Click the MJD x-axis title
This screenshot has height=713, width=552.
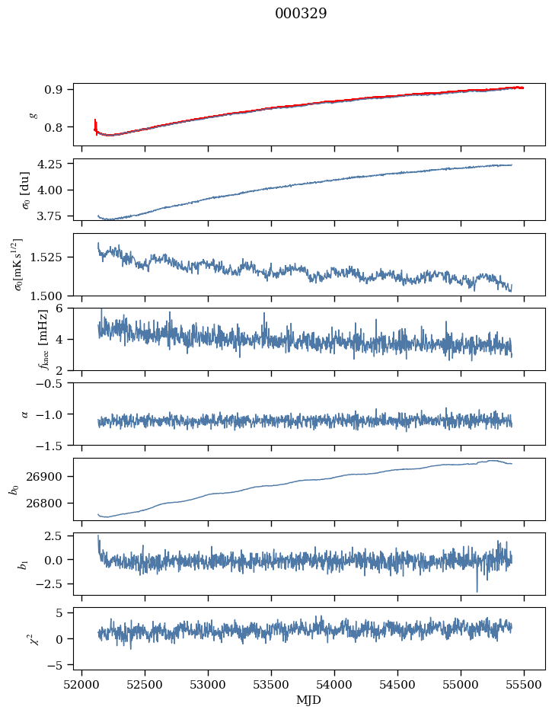(x=309, y=699)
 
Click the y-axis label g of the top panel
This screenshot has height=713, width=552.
(x=32, y=114)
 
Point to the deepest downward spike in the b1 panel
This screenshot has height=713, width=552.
(x=477, y=590)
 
